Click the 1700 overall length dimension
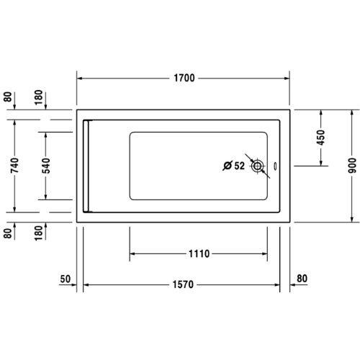pyautogui.click(x=184, y=78)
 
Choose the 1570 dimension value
pyautogui.click(x=184, y=285)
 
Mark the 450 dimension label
pyautogui.click(x=321, y=137)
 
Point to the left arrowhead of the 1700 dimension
pyautogui.click(x=81, y=78)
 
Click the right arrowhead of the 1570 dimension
pyautogui.click(x=277, y=285)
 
